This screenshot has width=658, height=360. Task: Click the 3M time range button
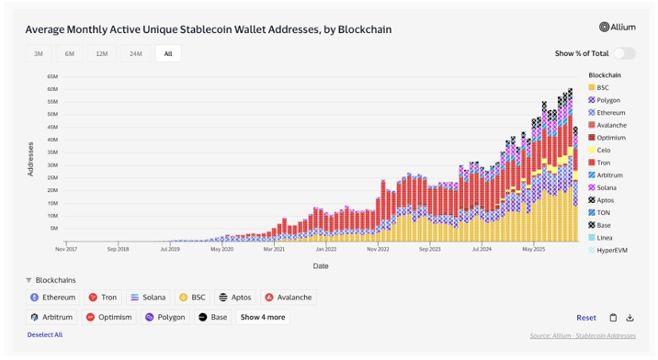[x=39, y=54]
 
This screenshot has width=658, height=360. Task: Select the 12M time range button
[x=101, y=54]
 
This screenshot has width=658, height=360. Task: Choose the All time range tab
[x=168, y=54]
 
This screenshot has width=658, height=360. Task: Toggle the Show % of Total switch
[x=624, y=54]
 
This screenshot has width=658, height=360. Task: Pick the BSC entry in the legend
[x=602, y=87]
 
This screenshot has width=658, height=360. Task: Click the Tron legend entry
[x=603, y=163]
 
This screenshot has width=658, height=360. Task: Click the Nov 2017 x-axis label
[x=67, y=248]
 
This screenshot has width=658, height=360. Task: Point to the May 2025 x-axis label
[x=535, y=248]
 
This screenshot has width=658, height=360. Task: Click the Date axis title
[x=320, y=266]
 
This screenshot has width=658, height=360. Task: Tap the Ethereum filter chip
[x=52, y=298]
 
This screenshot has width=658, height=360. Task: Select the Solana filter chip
[x=148, y=298]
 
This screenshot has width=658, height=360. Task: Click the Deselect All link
[x=44, y=335]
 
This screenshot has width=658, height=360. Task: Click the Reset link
[x=585, y=318]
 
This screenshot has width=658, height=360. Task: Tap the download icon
[x=630, y=318]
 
